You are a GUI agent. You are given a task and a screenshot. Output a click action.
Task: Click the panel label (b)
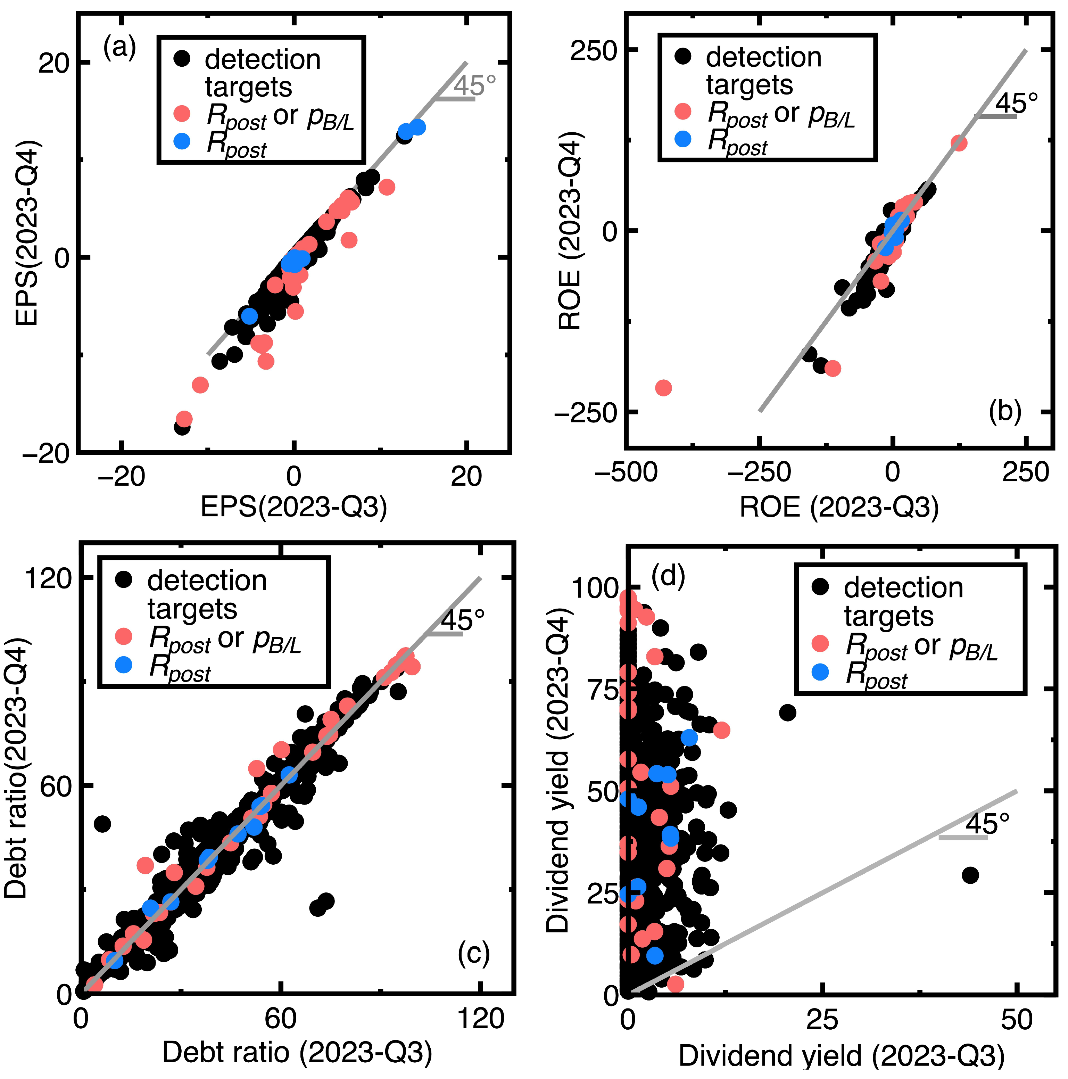tap(1004, 412)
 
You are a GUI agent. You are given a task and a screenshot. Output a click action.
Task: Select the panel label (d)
tap(668, 576)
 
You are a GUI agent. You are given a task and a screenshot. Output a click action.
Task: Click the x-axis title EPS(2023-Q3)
tap(294, 507)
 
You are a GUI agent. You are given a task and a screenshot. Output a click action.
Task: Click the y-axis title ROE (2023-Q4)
tap(571, 231)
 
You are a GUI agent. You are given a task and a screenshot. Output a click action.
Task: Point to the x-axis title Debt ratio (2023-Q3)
tap(297, 1052)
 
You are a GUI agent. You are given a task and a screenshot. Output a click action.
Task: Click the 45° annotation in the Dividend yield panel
tap(987, 823)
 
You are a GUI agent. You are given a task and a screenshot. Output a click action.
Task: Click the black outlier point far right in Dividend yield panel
tap(970, 875)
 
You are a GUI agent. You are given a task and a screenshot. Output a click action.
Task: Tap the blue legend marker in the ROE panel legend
tap(683, 139)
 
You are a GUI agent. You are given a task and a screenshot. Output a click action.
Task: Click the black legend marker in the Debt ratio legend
tap(123, 580)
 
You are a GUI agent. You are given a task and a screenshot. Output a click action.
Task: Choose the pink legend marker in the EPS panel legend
tap(182, 113)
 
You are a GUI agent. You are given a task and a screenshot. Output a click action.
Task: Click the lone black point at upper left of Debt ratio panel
tap(102, 823)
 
